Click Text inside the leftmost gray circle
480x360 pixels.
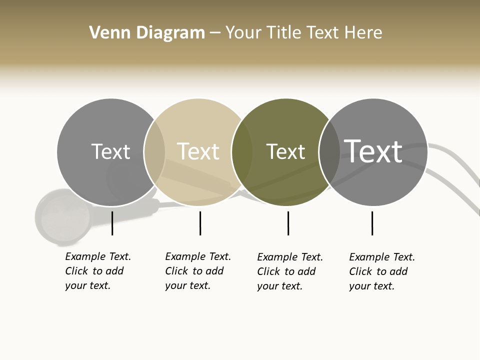pos(110,151)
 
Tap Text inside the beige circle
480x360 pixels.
pos(198,151)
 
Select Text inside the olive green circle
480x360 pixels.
pos(285,151)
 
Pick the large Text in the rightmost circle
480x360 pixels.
pos(373,151)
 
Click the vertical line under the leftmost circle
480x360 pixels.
pos(112,223)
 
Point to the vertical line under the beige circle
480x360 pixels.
pos(200,223)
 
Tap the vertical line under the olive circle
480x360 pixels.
pos(288,223)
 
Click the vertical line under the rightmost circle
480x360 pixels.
pos(372,223)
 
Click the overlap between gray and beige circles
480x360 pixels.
pos(154,152)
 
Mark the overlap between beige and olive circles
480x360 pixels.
pos(242,152)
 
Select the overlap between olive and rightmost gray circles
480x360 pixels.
pos(329,152)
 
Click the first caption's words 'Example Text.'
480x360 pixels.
pos(98,256)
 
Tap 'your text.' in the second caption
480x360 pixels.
pos(187,285)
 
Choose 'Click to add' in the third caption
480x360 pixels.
pos(286,271)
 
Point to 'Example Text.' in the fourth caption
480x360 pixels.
pos(382,257)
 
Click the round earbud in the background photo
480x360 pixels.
pos(62,216)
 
